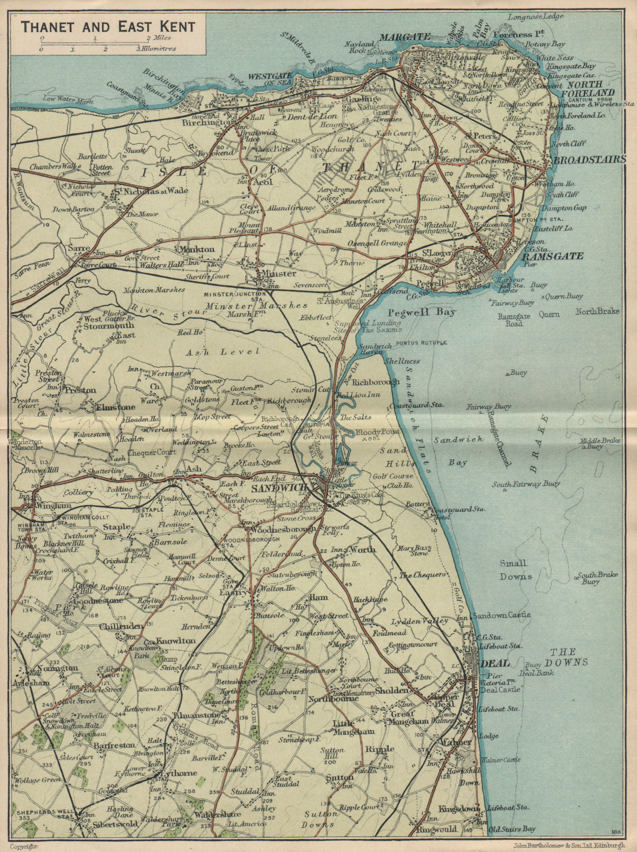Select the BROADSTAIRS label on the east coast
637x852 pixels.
coord(589,160)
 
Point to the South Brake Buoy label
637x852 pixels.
coord(597,578)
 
